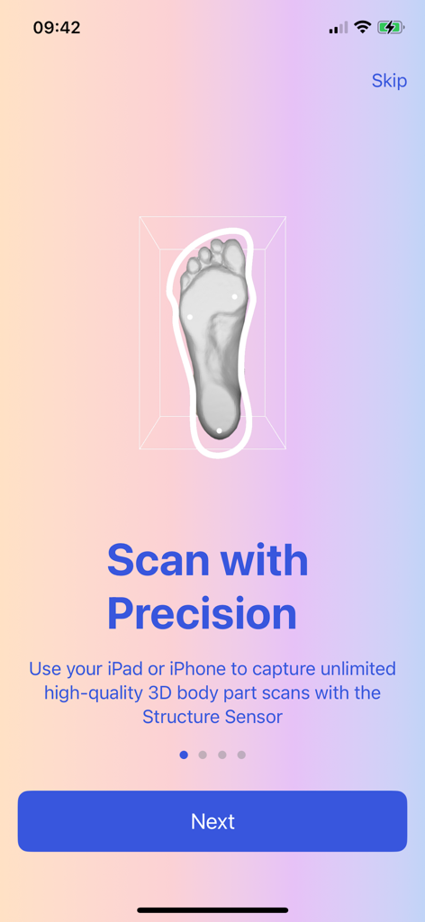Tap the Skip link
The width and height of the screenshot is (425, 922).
coord(389,80)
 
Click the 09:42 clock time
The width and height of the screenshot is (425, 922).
coord(57,28)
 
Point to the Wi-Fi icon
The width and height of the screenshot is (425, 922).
coord(363,27)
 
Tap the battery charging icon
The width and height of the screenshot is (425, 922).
coord(391,27)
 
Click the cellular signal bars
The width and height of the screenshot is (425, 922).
coord(339,28)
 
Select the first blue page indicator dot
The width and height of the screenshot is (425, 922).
coord(184,755)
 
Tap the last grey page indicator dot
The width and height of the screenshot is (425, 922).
coord(241,755)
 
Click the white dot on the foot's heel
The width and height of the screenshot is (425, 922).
coord(220,431)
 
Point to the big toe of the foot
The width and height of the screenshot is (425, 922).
coord(235,257)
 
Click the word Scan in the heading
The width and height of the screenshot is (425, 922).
coord(158,560)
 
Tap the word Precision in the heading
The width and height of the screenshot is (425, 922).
coord(202,613)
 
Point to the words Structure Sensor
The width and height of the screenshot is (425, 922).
coord(212,717)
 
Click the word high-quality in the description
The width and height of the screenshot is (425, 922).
coord(91,693)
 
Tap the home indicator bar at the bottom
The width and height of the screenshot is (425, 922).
coord(212,910)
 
